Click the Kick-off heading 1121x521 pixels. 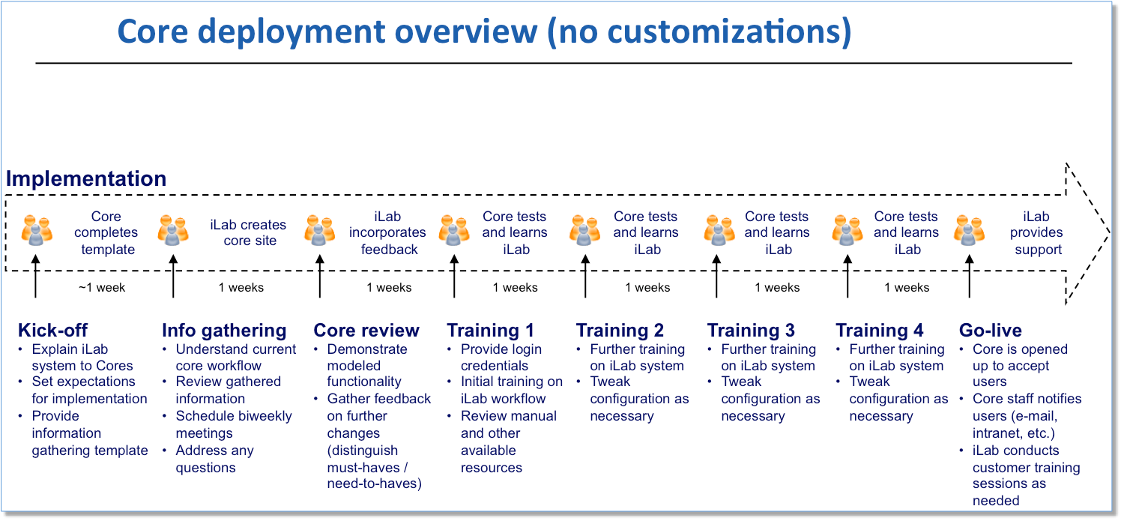(52, 331)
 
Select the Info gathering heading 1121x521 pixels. (224, 331)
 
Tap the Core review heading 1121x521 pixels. (366, 331)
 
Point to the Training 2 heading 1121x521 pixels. (620, 331)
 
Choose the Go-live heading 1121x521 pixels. (991, 331)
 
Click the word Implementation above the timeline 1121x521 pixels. (86, 178)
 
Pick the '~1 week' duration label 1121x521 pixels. (102, 287)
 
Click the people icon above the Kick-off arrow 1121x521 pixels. (37, 230)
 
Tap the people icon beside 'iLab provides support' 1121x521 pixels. (970, 230)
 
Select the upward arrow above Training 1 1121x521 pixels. (454, 277)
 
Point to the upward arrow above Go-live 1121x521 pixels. (970, 277)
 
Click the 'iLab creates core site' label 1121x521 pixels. (248, 232)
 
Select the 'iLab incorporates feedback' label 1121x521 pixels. (388, 232)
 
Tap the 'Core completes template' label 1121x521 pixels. (106, 232)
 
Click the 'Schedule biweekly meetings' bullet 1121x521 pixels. (233, 424)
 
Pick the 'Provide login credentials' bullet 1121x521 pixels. (501, 358)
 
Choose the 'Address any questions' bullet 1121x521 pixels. (215, 459)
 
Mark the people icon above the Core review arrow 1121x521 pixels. (320, 230)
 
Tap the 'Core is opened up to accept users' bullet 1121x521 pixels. (1020, 365)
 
